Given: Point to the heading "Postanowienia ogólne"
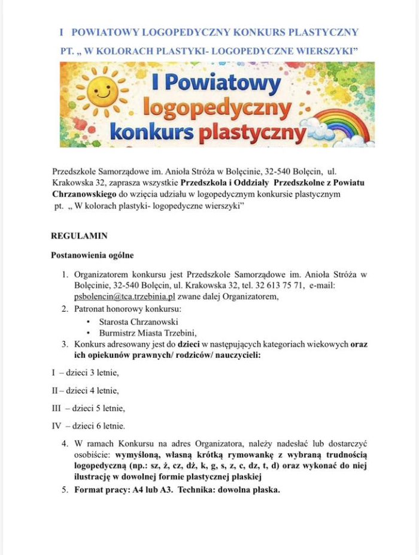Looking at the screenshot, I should pos(92,255).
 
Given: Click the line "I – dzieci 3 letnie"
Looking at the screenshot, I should pos(85,373).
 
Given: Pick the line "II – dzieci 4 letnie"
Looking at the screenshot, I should pos(85,391).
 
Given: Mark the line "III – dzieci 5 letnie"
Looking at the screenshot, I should pos(88,409).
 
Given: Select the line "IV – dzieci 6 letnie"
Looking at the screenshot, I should pos(88,427).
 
